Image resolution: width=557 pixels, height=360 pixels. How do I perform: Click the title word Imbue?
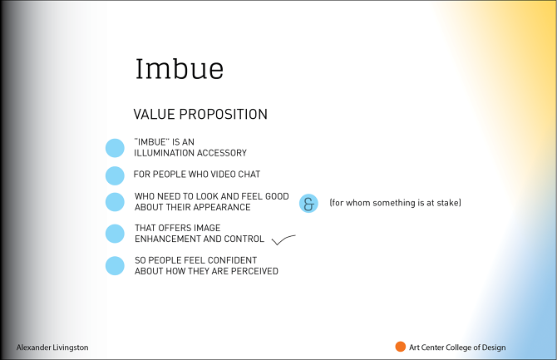tap(179, 69)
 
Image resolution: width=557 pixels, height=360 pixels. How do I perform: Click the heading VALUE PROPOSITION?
tap(200, 114)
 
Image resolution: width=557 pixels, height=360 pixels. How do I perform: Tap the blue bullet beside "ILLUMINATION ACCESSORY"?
tap(115, 148)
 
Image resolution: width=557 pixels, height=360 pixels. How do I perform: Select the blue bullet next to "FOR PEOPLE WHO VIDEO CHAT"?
tap(115, 175)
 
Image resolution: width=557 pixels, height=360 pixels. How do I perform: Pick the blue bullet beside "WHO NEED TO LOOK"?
tap(115, 202)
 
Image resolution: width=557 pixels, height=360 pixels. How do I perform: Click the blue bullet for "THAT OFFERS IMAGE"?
tap(115, 234)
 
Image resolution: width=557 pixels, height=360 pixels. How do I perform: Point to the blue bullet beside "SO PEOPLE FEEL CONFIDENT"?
tap(115, 265)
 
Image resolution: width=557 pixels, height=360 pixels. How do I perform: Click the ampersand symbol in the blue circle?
tap(308, 204)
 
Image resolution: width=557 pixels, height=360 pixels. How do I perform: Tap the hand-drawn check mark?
tap(283, 241)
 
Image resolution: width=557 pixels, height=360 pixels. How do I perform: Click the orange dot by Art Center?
tap(400, 347)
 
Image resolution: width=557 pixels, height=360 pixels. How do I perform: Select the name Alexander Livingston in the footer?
tap(52, 348)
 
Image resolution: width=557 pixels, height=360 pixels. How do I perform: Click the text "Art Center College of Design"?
tap(456, 348)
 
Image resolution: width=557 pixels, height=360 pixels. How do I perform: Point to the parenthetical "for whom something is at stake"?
tap(395, 203)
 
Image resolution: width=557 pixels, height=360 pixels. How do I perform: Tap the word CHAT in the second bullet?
tap(248, 175)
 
